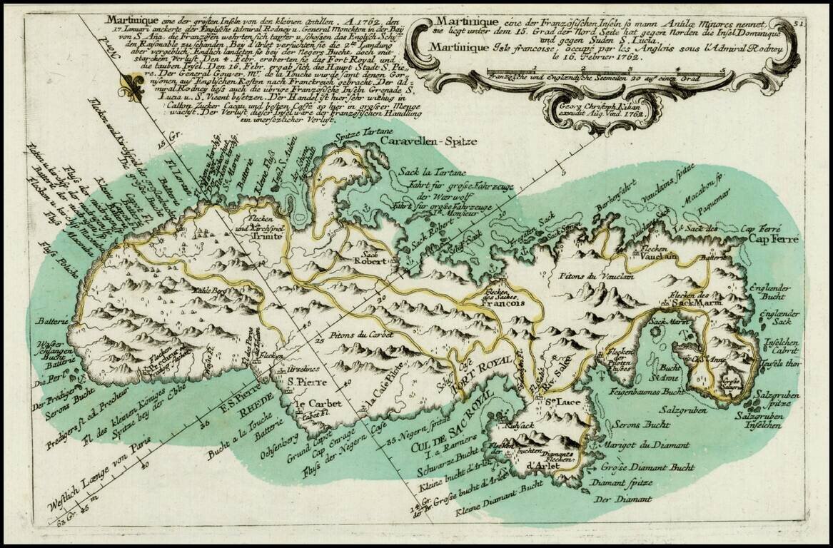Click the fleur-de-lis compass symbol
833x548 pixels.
pyautogui.click(x=131, y=86)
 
